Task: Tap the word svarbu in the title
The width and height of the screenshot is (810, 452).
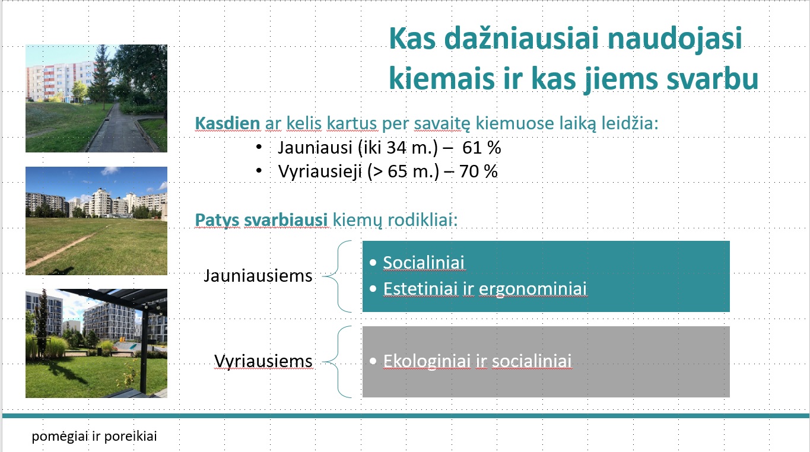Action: (x=712, y=79)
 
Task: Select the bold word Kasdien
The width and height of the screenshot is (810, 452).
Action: (x=227, y=123)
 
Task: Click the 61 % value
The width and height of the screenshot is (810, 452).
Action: (x=481, y=148)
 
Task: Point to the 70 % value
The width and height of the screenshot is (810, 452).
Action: (x=478, y=171)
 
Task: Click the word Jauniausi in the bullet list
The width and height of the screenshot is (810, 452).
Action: (x=315, y=148)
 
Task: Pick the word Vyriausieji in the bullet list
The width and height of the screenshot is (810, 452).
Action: (x=320, y=172)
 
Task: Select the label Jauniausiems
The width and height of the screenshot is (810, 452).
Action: (x=258, y=276)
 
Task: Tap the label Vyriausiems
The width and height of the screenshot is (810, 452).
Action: (x=263, y=361)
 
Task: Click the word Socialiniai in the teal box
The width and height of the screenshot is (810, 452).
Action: (x=424, y=263)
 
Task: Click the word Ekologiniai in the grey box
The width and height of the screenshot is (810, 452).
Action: (x=427, y=361)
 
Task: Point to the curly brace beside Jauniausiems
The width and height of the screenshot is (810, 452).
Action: (x=338, y=276)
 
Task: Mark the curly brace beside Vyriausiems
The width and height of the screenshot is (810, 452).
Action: (x=338, y=362)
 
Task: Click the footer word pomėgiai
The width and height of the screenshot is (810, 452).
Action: (x=60, y=437)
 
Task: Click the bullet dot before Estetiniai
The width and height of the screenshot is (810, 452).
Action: (x=373, y=289)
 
